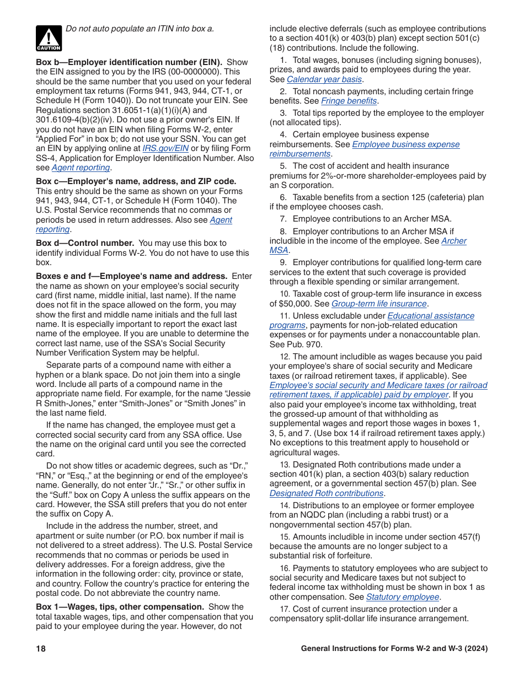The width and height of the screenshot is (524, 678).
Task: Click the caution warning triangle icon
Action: (49, 38)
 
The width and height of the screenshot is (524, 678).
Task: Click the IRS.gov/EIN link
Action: (165, 148)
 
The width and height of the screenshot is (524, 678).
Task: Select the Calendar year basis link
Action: (324, 79)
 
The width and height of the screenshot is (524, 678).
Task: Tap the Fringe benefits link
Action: (349, 101)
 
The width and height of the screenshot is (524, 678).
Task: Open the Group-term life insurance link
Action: (379, 304)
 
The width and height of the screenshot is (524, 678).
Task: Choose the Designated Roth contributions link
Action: (327, 493)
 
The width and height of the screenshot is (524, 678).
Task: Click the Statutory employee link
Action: (403, 597)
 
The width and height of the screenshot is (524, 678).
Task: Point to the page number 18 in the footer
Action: (41, 649)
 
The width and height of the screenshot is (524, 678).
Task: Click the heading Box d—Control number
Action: (85, 243)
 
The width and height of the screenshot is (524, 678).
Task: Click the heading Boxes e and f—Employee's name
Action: (131, 276)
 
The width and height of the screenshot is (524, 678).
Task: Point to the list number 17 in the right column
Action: (284, 609)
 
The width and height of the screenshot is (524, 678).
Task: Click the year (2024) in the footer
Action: (476, 649)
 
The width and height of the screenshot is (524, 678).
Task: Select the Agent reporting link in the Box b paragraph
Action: (81, 168)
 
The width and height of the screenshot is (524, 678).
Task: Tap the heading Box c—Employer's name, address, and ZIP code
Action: (136, 181)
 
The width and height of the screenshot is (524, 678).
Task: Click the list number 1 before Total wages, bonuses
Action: (283, 60)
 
